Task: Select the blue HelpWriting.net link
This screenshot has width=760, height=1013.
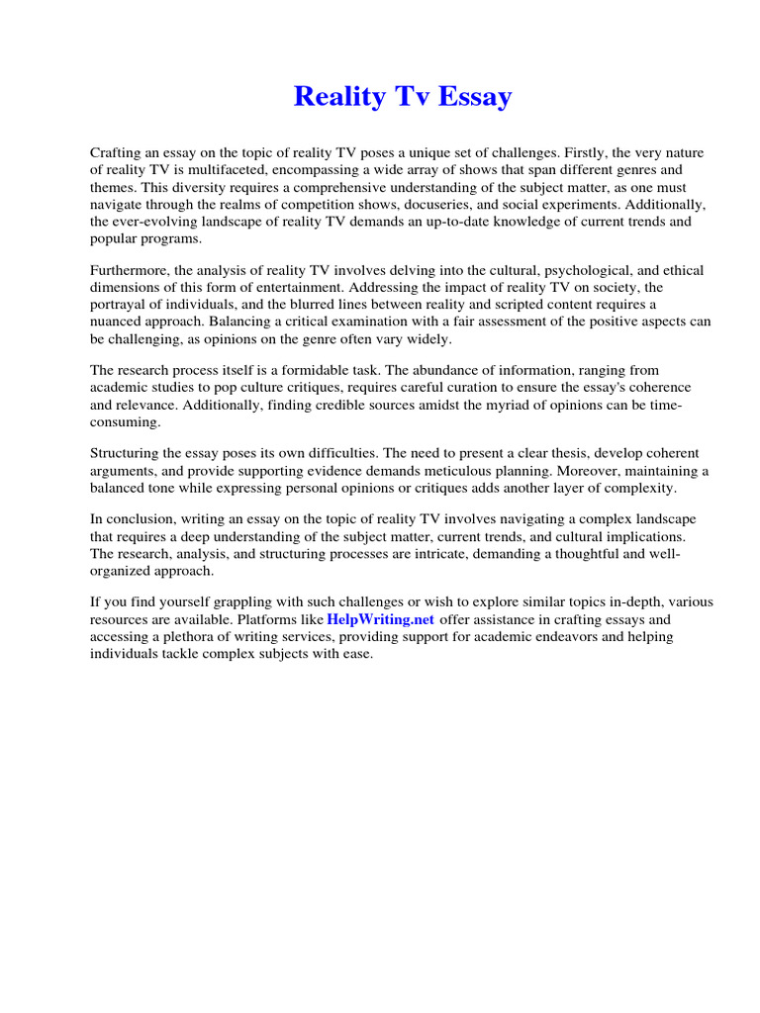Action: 380,619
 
